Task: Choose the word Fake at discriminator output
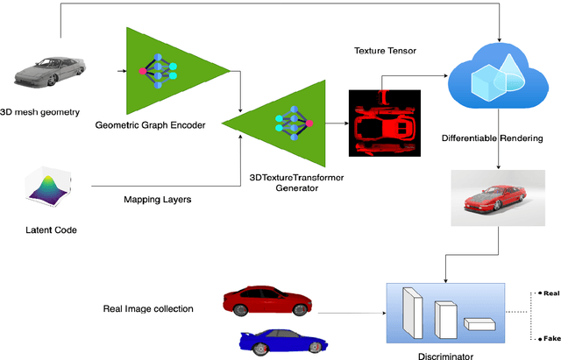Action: [x=550, y=337]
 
